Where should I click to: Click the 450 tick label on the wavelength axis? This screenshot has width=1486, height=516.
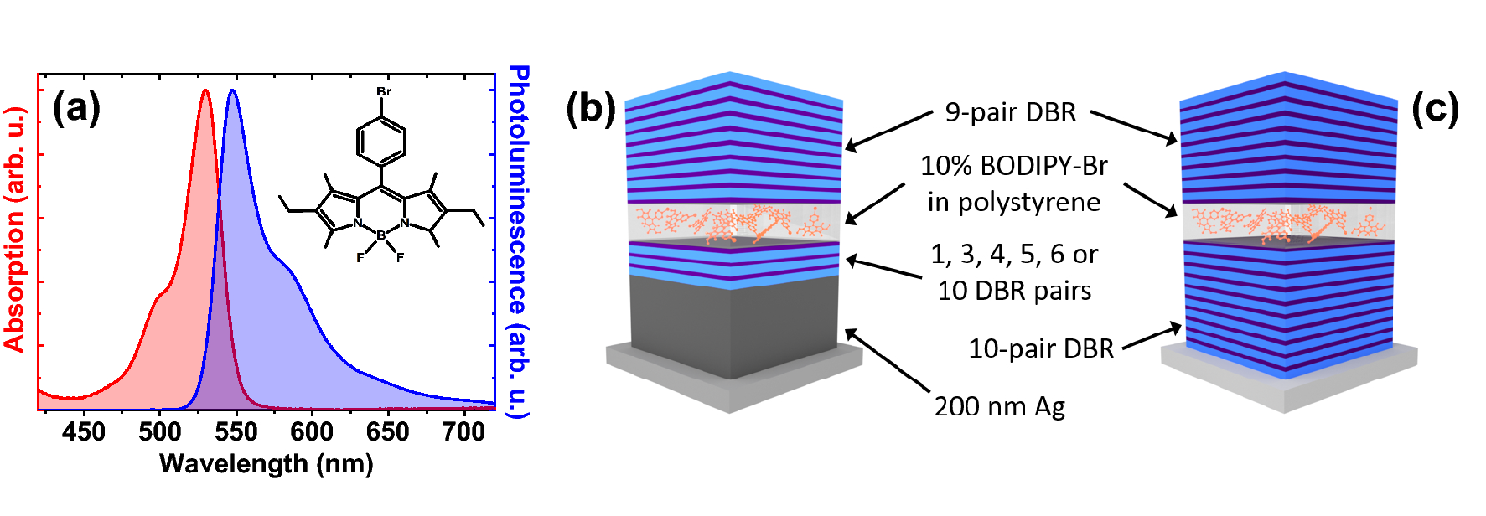click(83, 432)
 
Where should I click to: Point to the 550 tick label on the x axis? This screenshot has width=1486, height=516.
click(236, 432)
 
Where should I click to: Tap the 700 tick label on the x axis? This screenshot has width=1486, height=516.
click(463, 432)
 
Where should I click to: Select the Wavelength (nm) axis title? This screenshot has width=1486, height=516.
click(266, 464)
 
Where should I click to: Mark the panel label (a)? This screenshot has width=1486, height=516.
click(76, 108)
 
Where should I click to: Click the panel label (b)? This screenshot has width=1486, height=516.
click(590, 108)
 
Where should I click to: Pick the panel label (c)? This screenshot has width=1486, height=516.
click(1435, 108)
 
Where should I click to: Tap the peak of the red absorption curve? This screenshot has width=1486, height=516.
click(205, 90)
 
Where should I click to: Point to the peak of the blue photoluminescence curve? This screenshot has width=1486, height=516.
click(232, 90)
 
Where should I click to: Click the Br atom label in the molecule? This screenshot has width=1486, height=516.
click(383, 91)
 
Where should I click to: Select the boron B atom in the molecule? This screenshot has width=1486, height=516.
click(381, 235)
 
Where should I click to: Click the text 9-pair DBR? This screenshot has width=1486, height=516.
click(1010, 112)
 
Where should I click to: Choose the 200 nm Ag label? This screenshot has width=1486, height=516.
click(999, 406)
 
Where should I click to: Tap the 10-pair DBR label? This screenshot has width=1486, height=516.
click(1040, 348)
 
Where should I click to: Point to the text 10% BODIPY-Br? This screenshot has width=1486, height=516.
click(1013, 166)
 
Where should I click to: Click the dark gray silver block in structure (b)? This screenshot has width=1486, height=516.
click(733, 327)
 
